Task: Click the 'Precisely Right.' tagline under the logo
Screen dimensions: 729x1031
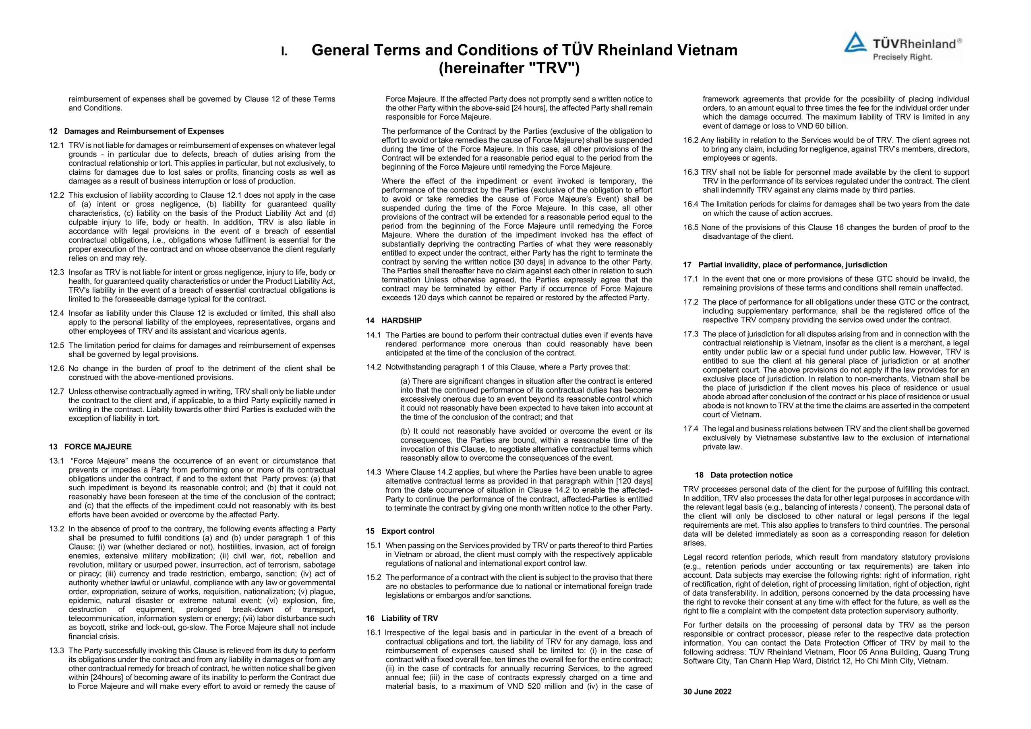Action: (x=902, y=57)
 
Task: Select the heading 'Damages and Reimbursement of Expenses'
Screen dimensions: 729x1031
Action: (x=144, y=131)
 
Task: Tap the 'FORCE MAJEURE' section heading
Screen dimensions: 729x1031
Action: (x=98, y=447)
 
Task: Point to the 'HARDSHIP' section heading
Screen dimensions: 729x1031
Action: (x=402, y=320)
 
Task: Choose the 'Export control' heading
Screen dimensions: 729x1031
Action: (x=408, y=531)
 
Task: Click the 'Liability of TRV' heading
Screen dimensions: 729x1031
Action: (x=410, y=618)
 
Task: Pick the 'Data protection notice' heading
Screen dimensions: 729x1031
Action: (x=751, y=475)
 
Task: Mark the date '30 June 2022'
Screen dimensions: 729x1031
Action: (x=707, y=692)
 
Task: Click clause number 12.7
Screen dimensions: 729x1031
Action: (x=56, y=391)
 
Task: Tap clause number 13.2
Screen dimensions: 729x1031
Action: (x=56, y=529)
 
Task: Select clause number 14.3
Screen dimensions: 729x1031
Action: (x=374, y=472)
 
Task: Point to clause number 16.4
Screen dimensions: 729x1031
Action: (x=691, y=204)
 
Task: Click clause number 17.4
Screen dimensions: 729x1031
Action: (x=691, y=429)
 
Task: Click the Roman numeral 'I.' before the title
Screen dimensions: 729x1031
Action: (x=284, y=51)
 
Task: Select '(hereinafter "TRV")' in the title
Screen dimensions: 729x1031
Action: (x=509, y=68)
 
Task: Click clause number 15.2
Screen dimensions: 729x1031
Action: (x=374, y=577)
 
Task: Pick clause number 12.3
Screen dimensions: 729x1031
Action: (x=56, y=273)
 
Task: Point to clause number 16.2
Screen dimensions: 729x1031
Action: (x=691, y=140)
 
